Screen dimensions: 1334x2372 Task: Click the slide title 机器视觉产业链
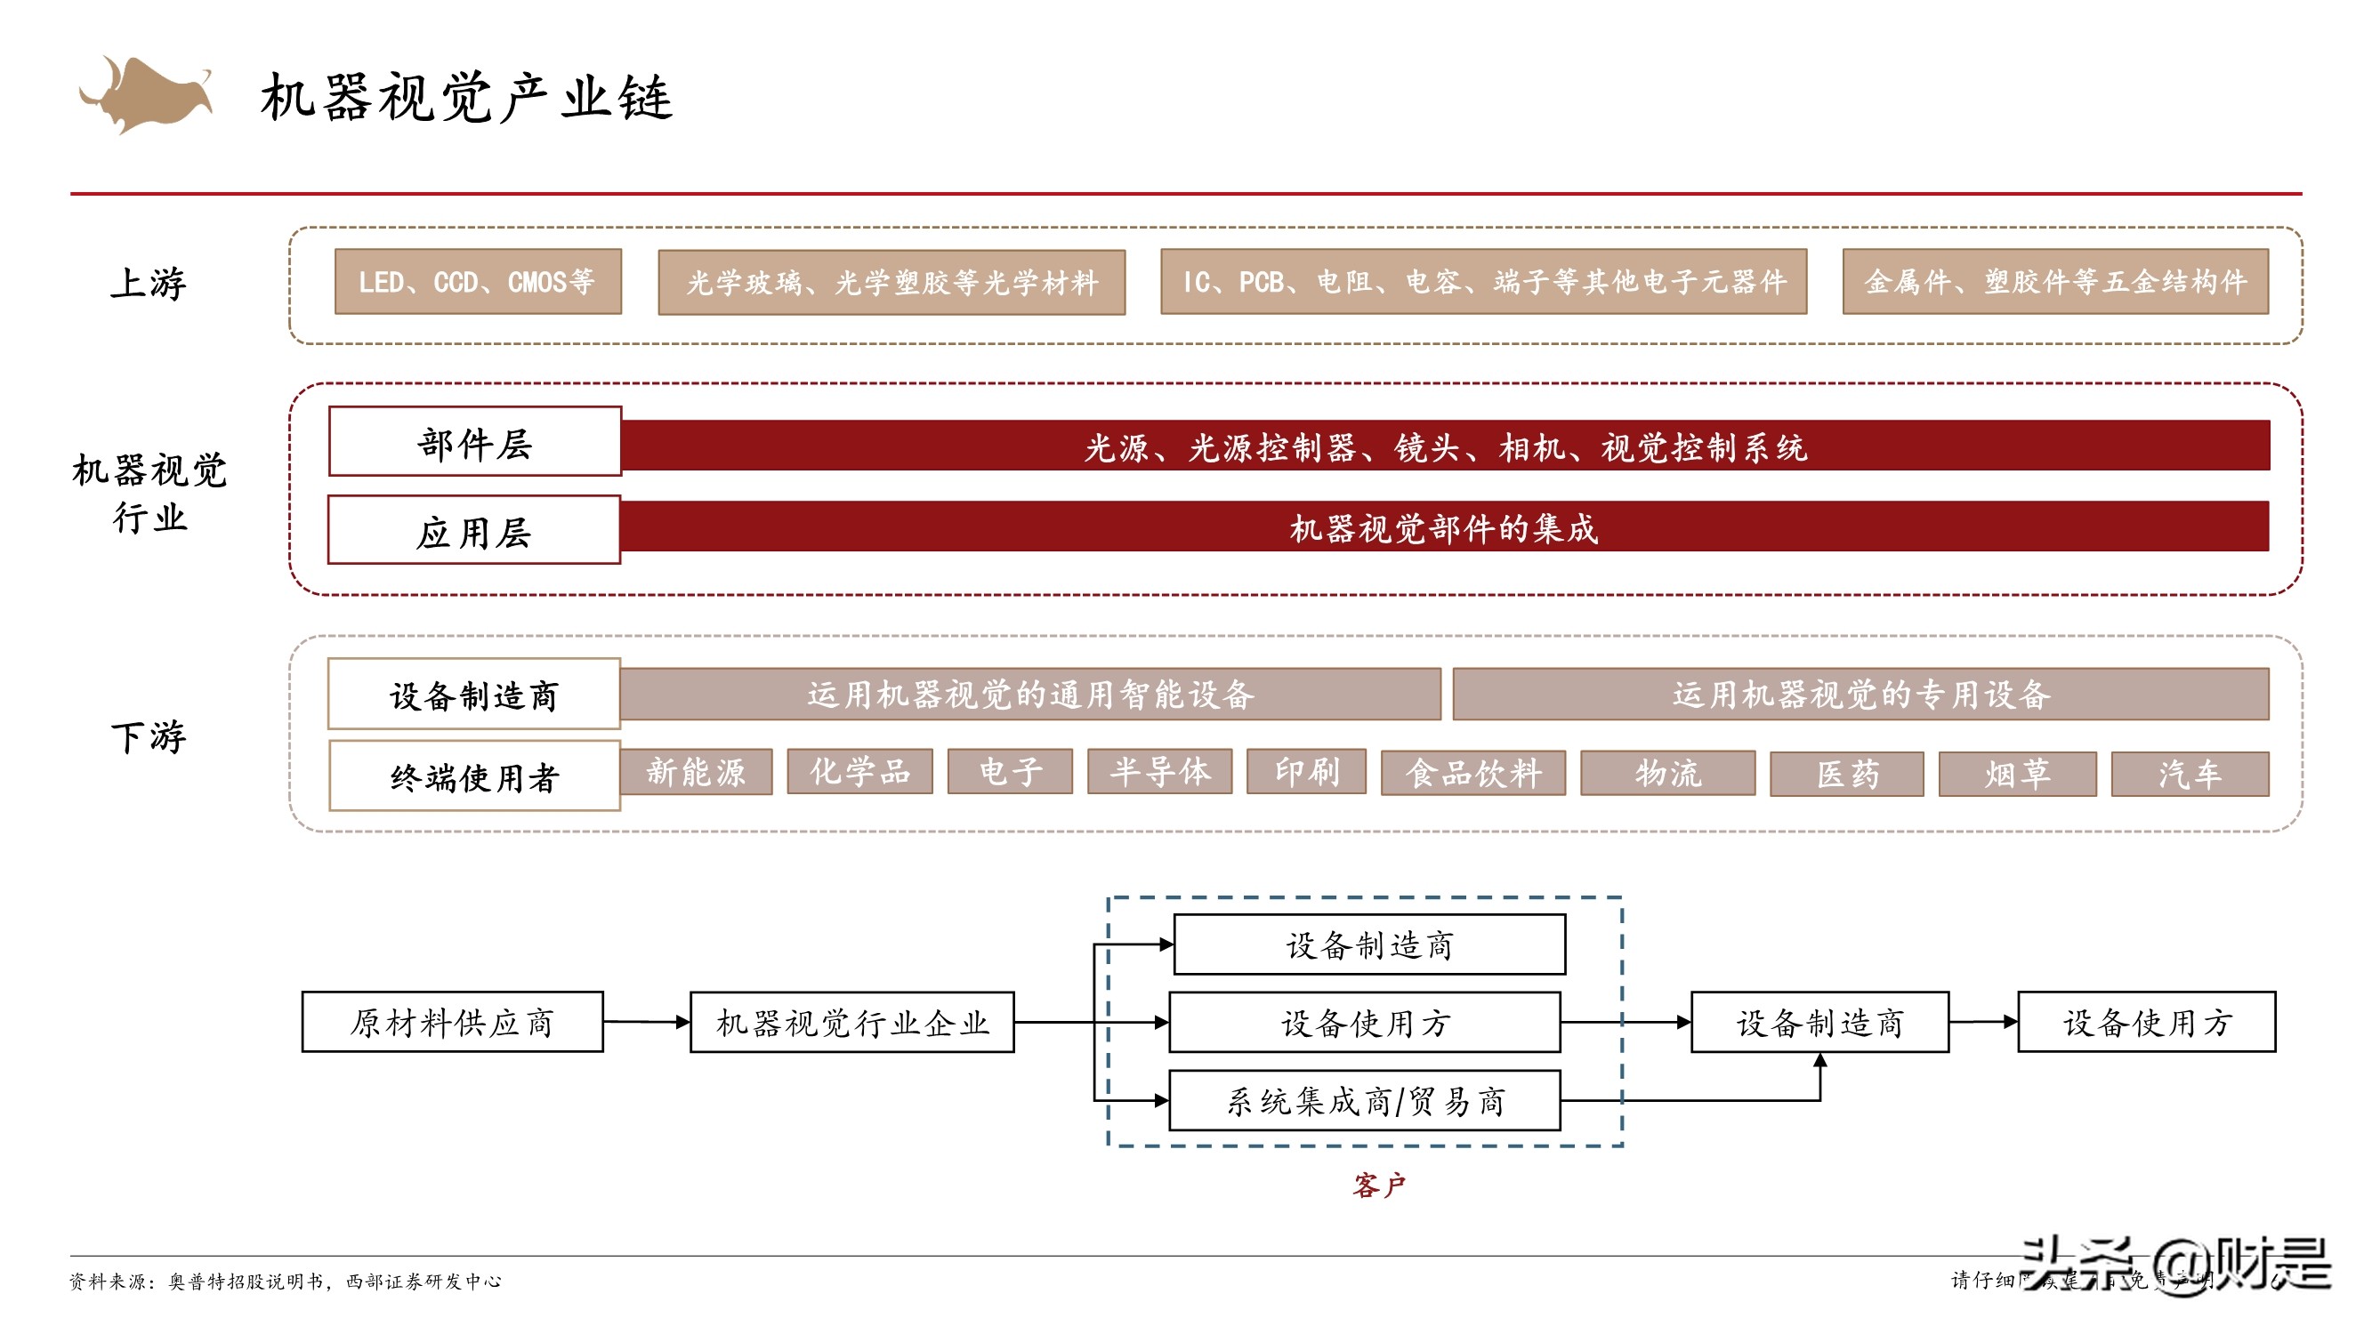point(467,98)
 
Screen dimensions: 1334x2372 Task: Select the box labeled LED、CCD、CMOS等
point(477,282)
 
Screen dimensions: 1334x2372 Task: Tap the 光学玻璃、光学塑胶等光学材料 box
point(891,283)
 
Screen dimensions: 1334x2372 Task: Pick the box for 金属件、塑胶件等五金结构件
point(2054,282)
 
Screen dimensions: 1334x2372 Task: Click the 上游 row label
point(149,283)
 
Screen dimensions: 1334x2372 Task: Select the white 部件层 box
point(474,442)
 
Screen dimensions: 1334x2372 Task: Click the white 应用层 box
point(474,530)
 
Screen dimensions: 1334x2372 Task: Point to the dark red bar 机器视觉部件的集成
point(1443,527)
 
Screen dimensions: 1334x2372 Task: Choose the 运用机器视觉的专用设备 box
point(1860,695)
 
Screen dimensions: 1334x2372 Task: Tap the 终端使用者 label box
point(474,777)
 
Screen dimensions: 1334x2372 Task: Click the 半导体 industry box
point(1158,771)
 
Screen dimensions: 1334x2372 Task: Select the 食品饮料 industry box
point(1472,774)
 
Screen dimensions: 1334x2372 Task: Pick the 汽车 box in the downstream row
point(2189,775)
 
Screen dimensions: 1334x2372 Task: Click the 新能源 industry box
point(695,771)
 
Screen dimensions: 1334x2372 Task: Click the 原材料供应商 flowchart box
point(452,1022)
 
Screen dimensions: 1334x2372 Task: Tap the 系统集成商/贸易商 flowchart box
point(1364,1100)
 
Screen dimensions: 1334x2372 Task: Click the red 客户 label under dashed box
point(1378,1185)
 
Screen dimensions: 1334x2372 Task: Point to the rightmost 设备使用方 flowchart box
point(2145,1022)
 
